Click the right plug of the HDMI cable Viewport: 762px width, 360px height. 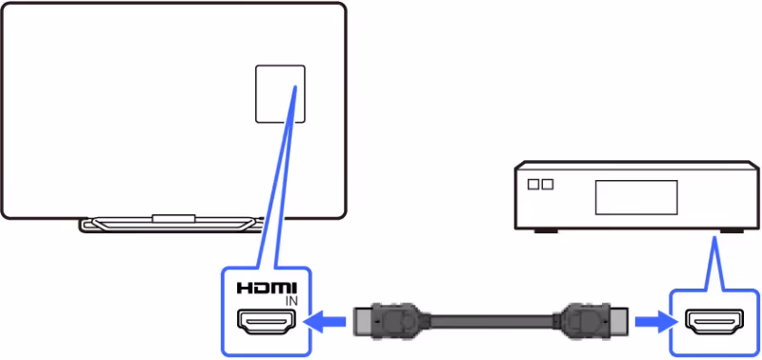(586, 323)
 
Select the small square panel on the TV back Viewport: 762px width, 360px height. (280, 93)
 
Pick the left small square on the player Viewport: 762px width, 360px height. (533, 182)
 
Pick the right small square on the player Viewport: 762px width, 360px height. (547, 182)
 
